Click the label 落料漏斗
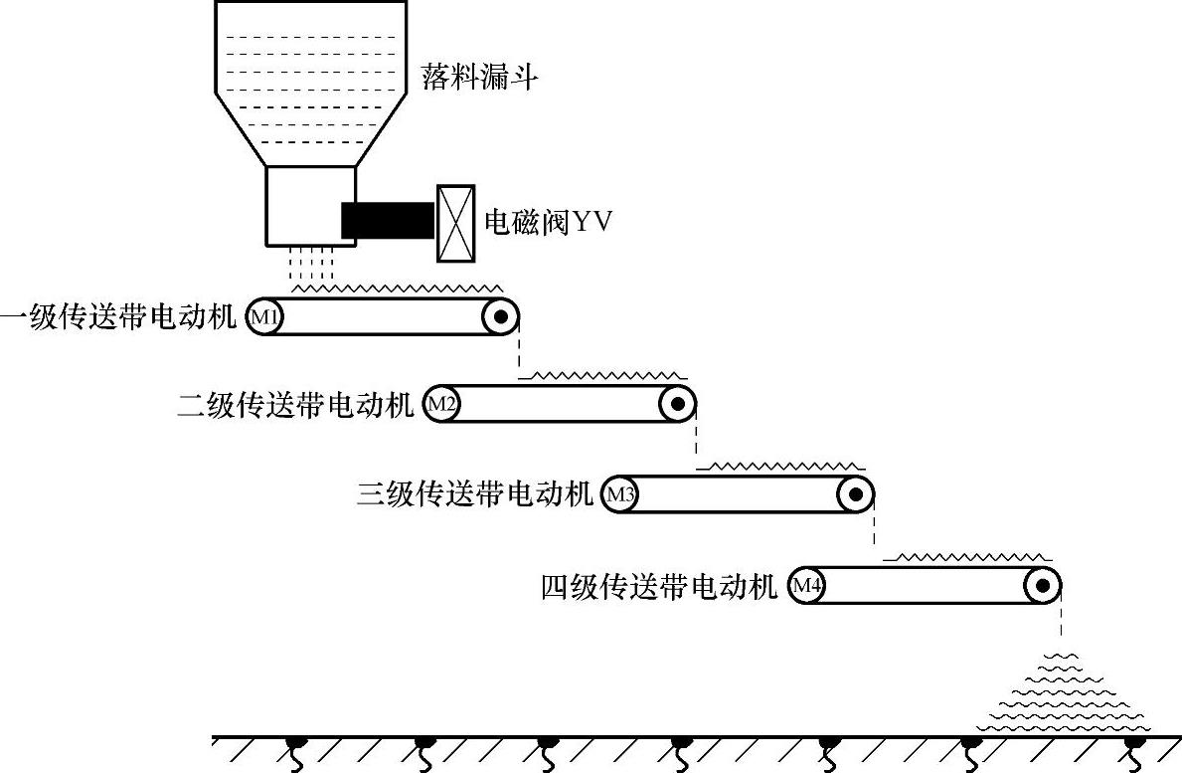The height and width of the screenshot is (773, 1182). click(x=479, y=77)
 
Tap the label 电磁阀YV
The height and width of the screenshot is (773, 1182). click(x=546, y=221)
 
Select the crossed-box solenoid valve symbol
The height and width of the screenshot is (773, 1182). click(x=454, y=223)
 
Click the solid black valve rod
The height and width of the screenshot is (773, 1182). click(x=388, y=220)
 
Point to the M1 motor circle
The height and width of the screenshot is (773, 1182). click(x=263, y=317)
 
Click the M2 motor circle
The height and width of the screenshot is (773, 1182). click(x=441, y=404)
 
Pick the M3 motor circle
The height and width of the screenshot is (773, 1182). click(x=619, y=494)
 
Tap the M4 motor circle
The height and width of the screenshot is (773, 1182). click(x=806, y=585)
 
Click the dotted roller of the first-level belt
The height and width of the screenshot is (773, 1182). click(x=500, y=317)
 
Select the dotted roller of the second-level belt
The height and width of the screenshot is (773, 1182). click(x=677, y=404)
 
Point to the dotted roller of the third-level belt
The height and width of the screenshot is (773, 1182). click(x=855, y=494)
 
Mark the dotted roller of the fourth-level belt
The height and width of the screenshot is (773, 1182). click(x=1043, y=585)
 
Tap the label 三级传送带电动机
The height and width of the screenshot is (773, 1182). click(x=475, y=494)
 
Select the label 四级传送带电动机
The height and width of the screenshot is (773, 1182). click(x=659, y=586)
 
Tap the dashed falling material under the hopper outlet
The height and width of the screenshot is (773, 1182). click(x=310, y=264)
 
